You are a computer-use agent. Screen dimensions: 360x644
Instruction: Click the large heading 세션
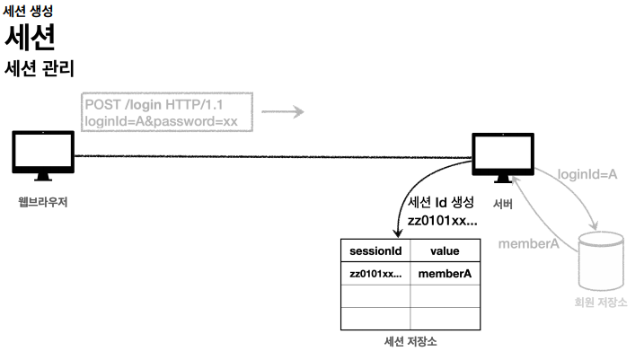(31, 38)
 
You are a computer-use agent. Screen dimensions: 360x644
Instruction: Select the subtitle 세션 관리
(39, 68)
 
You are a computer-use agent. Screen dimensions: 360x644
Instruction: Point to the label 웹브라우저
(42, 201)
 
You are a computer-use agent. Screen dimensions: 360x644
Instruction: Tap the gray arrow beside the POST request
(283, 112)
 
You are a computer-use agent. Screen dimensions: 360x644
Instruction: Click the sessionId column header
(375, 251)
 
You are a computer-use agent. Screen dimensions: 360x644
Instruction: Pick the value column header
(445, 251)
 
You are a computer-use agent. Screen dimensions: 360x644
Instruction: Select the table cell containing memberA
(445, 274)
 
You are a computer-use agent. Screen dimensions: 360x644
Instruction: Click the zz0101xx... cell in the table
(375, 274)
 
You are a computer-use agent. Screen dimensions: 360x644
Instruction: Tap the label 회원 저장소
(600, 302)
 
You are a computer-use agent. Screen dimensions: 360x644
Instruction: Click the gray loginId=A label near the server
(587, 173)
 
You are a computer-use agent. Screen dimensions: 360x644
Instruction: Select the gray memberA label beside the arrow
(529, 243)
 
